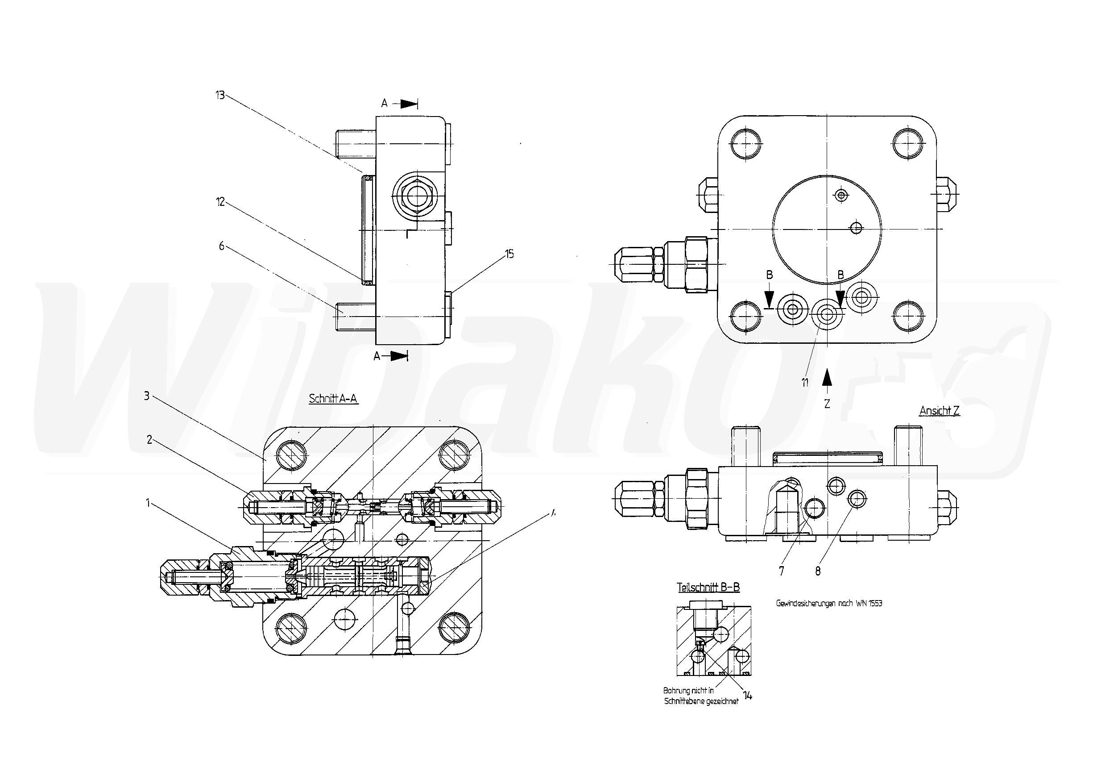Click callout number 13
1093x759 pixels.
click(219, 95)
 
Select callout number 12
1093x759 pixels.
click(220, 202)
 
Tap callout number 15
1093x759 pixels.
click(509, 254)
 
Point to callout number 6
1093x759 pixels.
click(221, 246)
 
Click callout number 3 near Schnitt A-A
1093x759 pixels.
click(147, 396)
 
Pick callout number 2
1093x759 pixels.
click(149, 440)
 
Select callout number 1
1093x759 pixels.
click(148, 503)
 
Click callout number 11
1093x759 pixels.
click(805, 382)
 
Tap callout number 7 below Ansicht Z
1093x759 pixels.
click(782, 571)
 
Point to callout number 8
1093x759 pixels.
click(818, 571)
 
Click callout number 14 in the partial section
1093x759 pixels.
click(748, 696)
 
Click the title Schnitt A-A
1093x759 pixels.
click(333, 399)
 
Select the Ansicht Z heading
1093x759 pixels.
click(940, 410)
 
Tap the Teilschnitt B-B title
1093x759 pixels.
click(708, 587)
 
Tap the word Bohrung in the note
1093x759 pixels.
click(676, 691)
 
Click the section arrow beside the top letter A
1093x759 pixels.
click(408, 104)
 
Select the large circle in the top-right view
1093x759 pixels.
click(827, 230)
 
